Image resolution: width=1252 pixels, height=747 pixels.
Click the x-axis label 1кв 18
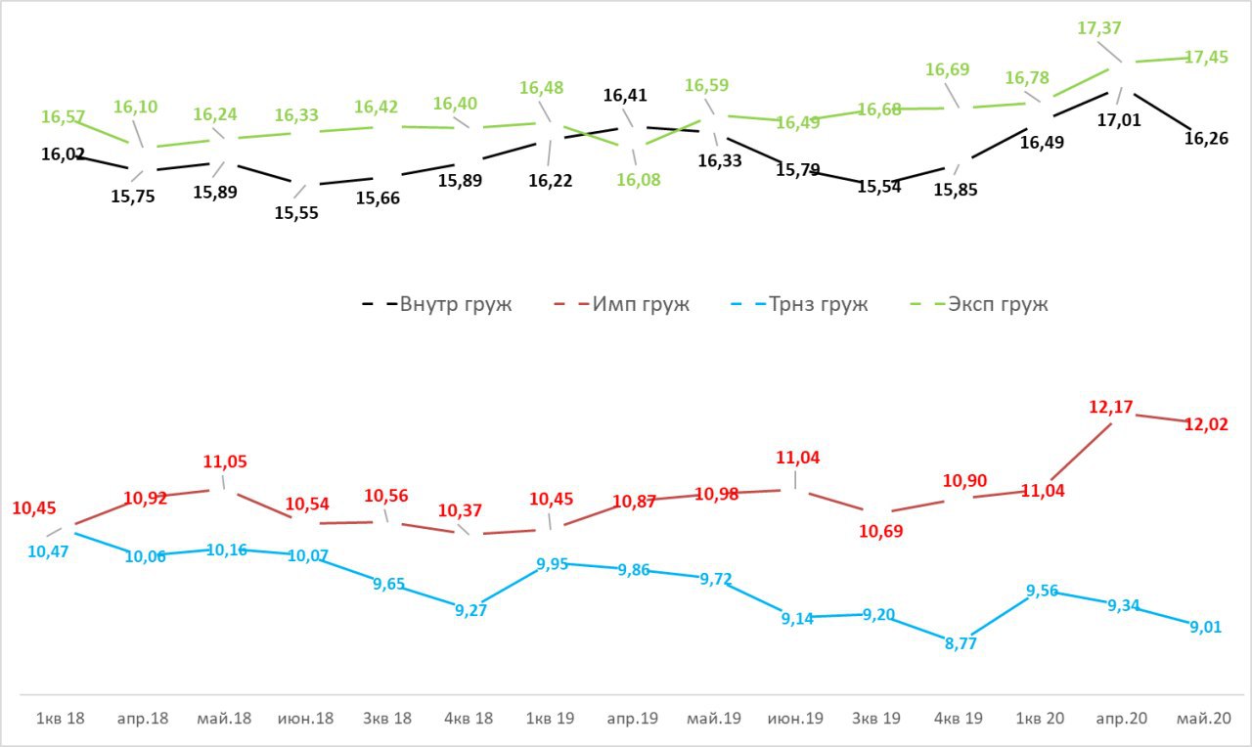click(61, 718)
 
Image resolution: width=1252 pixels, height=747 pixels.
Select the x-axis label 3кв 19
click(878, 718)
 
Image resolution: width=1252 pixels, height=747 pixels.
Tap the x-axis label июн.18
click(306, 718)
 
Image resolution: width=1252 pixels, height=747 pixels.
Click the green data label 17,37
click(1099, 29)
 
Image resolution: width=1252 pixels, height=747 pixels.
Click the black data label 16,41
click(625, 96)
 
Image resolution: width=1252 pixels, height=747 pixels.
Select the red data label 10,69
click(880, 531)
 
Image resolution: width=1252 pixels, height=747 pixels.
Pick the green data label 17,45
click(1206, 58)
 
